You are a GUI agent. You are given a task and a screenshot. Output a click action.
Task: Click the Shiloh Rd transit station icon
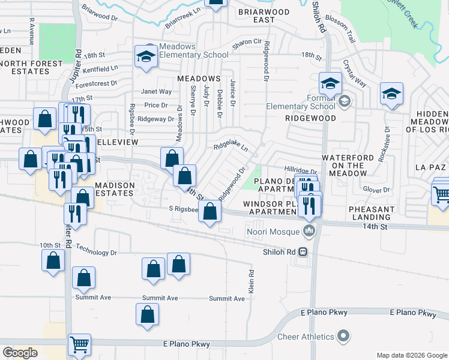click(304, 251)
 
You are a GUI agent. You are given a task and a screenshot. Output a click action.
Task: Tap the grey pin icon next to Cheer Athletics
click(343, 335)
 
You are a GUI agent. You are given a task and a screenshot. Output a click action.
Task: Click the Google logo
click(20, 353)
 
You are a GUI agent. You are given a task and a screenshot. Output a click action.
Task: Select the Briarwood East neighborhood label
click(264, 15)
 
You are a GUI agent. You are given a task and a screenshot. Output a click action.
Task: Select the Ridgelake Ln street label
click(231, 146)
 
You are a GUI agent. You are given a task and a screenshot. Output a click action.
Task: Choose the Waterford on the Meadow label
click(343, 165)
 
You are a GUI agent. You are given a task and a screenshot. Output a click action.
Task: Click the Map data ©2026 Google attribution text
click(412, 355)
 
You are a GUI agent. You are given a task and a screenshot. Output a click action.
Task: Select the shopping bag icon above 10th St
click(53, 260)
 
